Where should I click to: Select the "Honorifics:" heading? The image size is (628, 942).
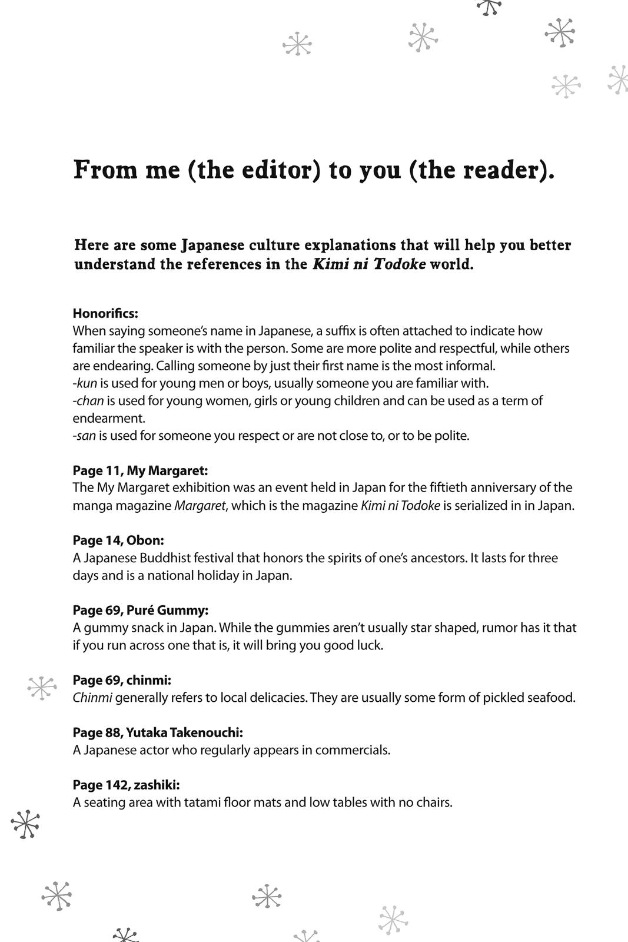pos(105,313)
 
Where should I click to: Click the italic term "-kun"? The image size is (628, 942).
pos(85,383)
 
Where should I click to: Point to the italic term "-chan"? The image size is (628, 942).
pos(88,401)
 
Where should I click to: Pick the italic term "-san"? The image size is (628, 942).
pos(85,436)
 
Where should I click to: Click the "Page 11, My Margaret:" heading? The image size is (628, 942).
pos(140,470)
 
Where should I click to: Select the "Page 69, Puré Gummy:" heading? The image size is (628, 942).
pos(141,610)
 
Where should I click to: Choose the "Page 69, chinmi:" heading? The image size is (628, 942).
pos(122,680)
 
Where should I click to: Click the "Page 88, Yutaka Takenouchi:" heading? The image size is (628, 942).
pos(158,732)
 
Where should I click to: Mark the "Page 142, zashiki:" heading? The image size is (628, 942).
pos(126,785)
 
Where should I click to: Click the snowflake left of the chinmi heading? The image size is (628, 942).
pos(42,687)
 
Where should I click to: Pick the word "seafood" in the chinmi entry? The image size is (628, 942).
pos(551,698)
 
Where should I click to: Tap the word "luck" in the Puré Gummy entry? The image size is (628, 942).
pos(370,645)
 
